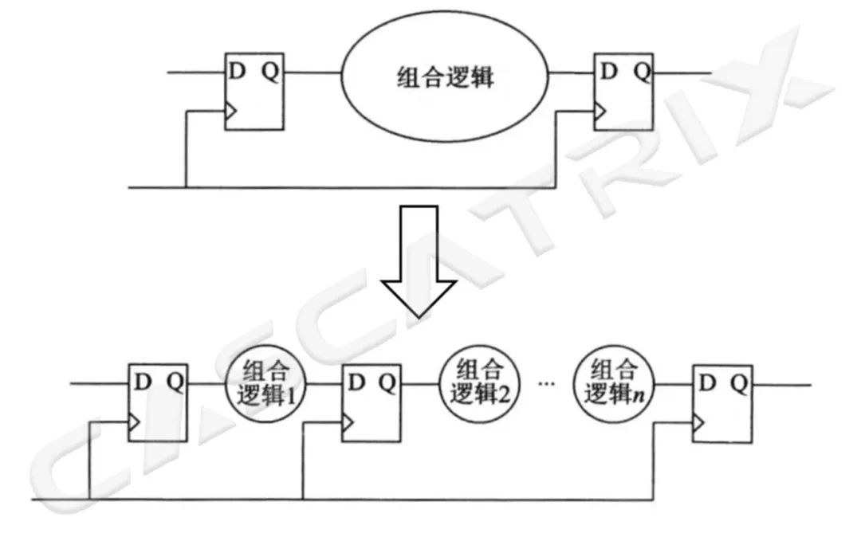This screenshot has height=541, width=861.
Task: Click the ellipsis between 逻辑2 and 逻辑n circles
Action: point(546,384)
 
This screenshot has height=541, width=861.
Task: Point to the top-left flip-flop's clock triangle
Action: point(230,113)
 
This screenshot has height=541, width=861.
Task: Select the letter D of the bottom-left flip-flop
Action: point(143,382)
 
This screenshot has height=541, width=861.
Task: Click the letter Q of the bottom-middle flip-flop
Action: point(387,383)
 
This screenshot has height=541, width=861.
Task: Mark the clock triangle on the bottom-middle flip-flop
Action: point(347,425)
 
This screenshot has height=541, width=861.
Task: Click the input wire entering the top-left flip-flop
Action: point(195,73)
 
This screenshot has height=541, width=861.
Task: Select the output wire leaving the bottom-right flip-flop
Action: point(781,386)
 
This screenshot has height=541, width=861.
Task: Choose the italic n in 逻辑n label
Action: point(638,395)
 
